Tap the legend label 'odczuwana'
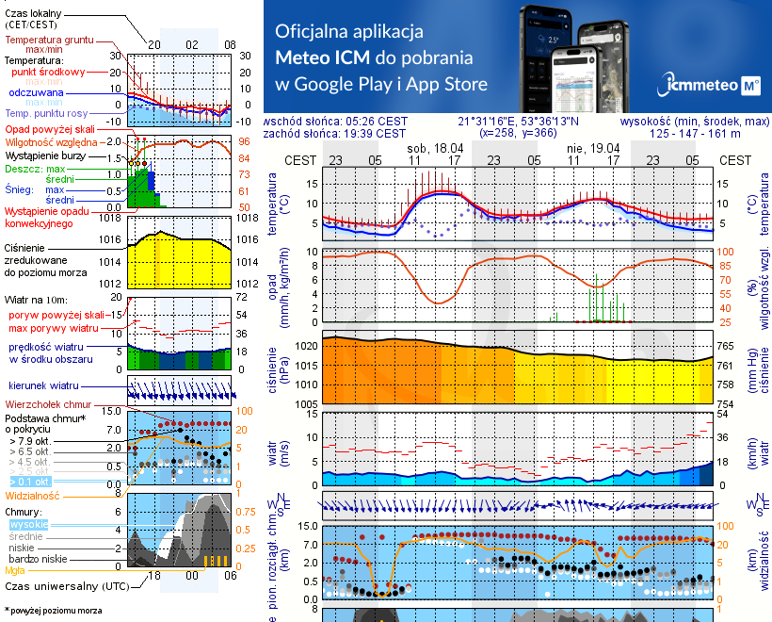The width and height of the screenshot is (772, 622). (36, 92)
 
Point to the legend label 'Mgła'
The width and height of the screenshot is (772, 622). (14, 570)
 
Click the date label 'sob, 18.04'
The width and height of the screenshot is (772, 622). (434, 148)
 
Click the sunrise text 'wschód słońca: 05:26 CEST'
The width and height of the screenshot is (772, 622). (335, 122)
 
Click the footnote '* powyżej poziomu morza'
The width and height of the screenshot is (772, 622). (53, 611)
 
